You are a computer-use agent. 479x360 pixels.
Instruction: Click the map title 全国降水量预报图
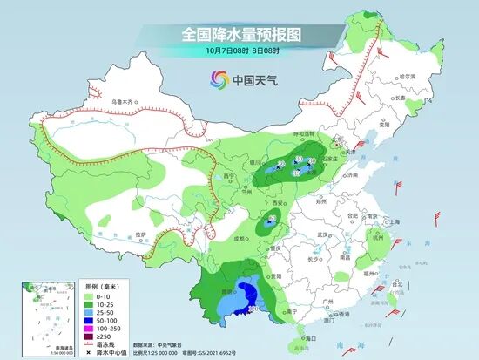pos(240,34)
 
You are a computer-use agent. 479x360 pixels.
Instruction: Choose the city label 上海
pos(394,221)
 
